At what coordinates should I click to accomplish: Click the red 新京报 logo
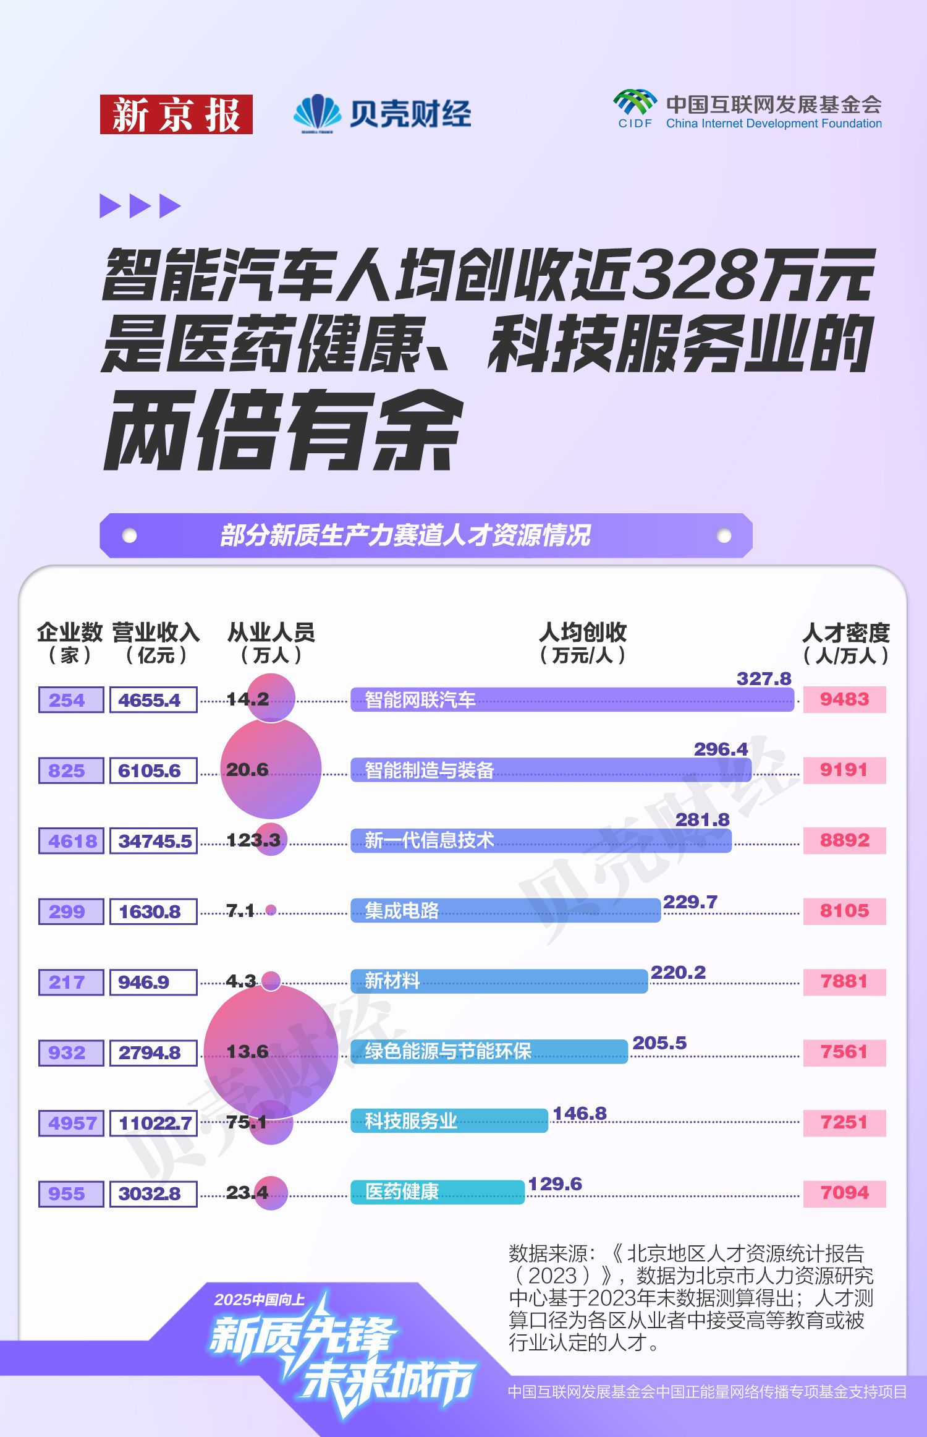(x=176, y=114)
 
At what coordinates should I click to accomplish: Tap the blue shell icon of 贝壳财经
(x=317, y=113)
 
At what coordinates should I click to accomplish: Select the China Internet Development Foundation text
(x=774, y=124)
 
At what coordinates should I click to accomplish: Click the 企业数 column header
(x=70, y=642)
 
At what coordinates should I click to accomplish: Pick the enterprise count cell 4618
(x=71, y=841)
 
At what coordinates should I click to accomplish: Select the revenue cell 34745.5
(x=154, y=841)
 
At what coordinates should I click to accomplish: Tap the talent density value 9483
(x=844, y=699)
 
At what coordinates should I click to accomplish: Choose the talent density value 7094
(x=844, y=1193)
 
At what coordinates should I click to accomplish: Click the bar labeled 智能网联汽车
(x=572, y=699)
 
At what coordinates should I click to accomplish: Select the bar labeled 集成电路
(x=506, y=911)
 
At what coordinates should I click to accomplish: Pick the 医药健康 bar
(x=438, y=1192)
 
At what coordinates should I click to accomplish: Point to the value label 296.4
(x=721, y=749)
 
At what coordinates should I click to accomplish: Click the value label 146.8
(x=579, y=1114)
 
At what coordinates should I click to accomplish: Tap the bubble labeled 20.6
(x=271, y=769)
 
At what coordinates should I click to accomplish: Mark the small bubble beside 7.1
(x=271, y=910)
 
